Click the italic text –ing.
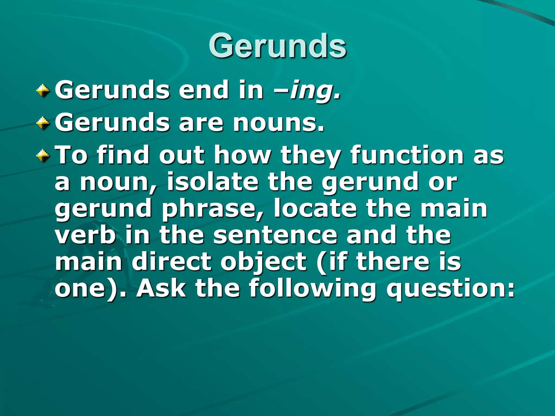coord(307,91)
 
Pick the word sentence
coord(275,235)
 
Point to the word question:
coord(450,289)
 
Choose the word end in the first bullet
coord(204,91)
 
